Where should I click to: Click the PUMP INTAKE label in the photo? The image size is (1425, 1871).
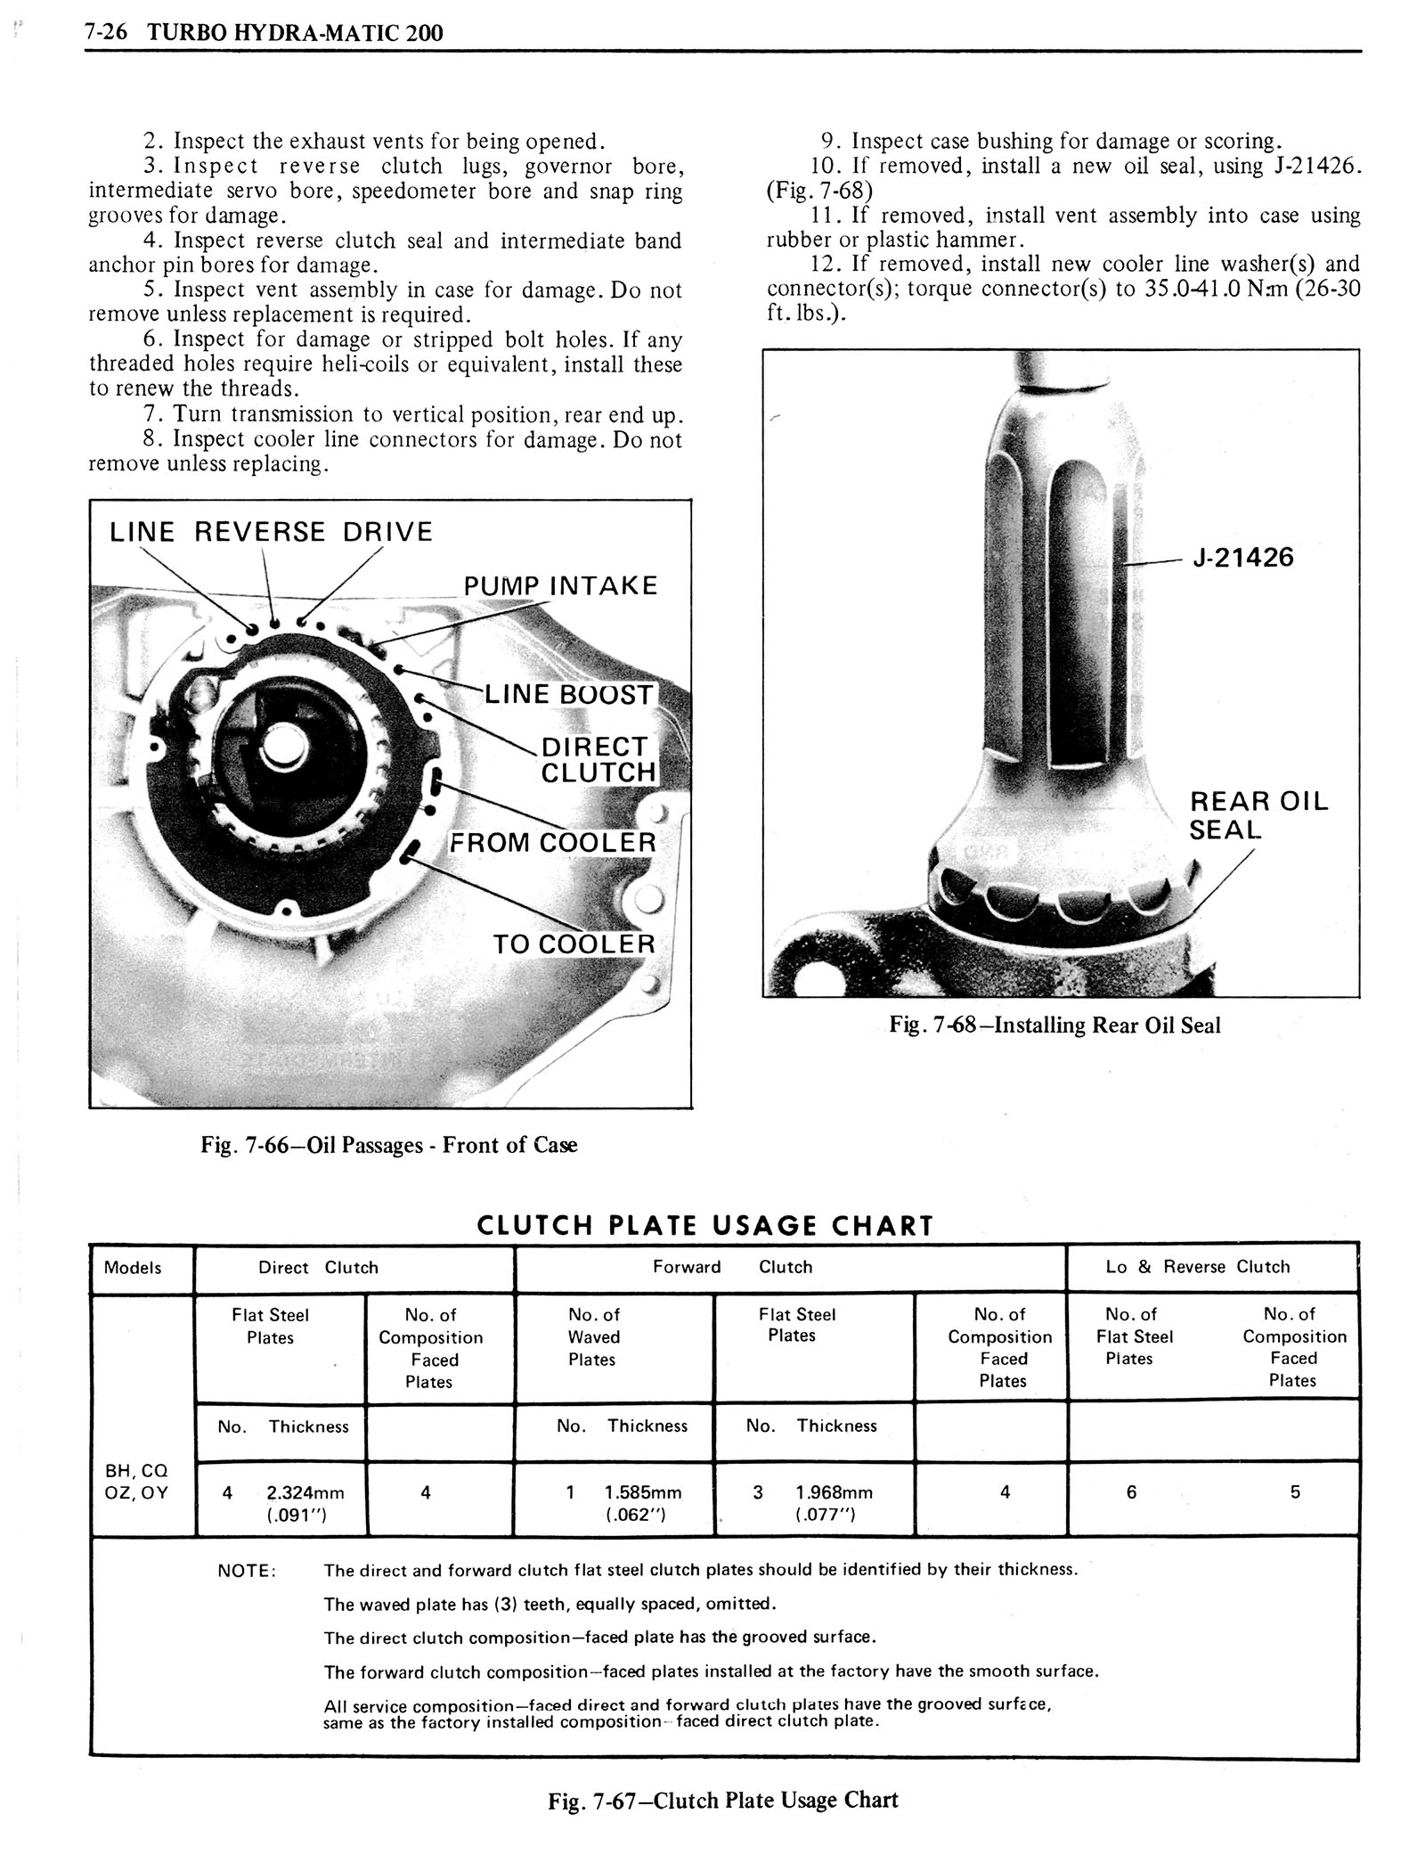pyautogui.click(x=560, y=585)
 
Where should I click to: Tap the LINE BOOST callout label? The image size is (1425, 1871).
pyautogui.click(x=568, y=695)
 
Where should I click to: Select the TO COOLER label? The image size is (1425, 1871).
pyautogui.click(x=574, y=944)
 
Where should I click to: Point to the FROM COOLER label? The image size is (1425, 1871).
pyautogui.click(x=552, y=842)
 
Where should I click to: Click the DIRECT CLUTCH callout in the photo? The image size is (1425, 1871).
pyautogui.click(x=598, y=759)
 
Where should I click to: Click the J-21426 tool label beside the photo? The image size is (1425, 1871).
pyautogui.click(x=1243, y=558)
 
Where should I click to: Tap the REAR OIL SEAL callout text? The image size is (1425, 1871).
pyautogui.click(x=1258, y=815)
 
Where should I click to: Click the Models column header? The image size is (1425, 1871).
pyautogui.click(x=133, y=1267)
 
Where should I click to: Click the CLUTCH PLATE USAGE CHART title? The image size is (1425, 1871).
pyautogui.click(x=705, y=1226)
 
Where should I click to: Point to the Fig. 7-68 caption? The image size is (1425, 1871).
pyautogui.click(x=1054, y=1025)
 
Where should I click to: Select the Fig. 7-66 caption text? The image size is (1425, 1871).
pyautogui.click(x=388, y=1145)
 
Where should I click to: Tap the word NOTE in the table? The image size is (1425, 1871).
pyautogui.click(x=247, y=1572)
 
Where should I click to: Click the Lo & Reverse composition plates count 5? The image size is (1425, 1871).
pyautogui.click(x=1295, y=1491)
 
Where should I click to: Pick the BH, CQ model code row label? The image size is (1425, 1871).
pyautogui.click(x=135, y=1471)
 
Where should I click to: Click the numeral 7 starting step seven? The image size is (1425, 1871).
pyautogui.click(x=151, y=415)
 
